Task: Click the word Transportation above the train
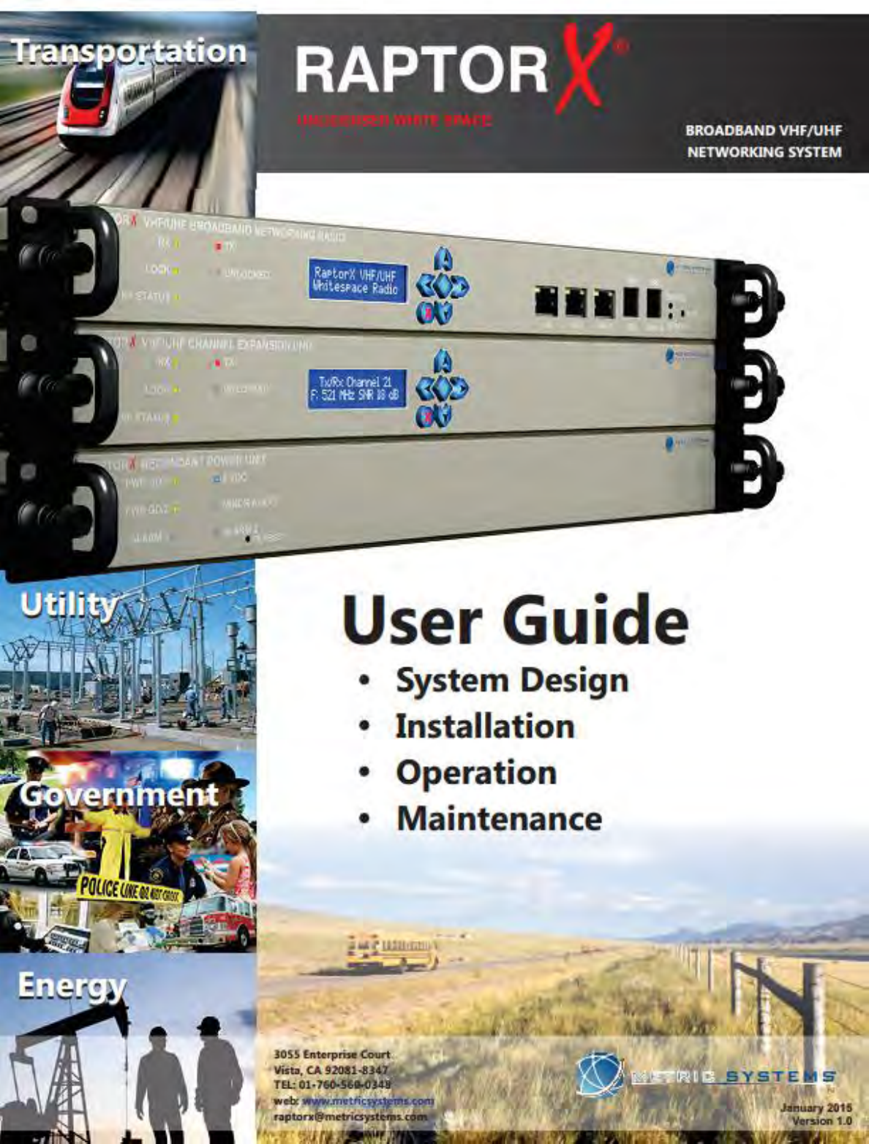(x=129, y=51)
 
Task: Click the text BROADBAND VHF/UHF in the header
(x=764, y=131)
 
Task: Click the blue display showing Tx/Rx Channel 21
(x=356, y=388)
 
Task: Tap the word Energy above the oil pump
(x=72, y=986)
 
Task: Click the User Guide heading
(x=515, y=621)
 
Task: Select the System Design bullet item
(x=512, y=681)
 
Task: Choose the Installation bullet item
(x=485, y=727)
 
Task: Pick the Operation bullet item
(x=476, y=773)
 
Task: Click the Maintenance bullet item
(x=499, y=819)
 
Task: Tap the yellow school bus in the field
(x=392, y=952)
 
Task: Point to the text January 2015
(x=816, y=1107)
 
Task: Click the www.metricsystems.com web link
(x=368, y=1100)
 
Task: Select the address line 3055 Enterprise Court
(x=332, y=1055)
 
